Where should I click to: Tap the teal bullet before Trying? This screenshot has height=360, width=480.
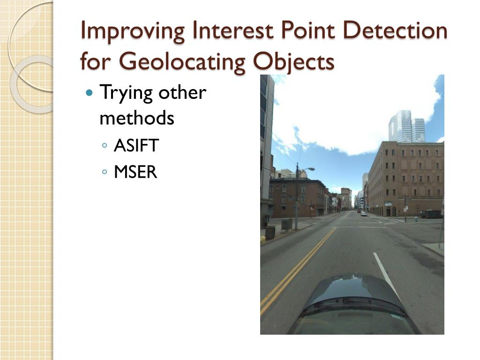tap(90, 92)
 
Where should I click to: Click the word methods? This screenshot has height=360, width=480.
tap(137, 118)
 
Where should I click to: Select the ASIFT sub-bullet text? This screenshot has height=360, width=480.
tap(136, 145)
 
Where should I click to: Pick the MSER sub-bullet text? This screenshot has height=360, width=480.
tap(135, 172)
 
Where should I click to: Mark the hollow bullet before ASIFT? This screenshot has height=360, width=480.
tap(105, 145)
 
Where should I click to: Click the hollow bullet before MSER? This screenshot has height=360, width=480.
tap(105, 172)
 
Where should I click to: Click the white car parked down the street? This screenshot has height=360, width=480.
tap(363, 214)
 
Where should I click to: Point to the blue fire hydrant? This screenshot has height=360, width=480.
tap(415, 219)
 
